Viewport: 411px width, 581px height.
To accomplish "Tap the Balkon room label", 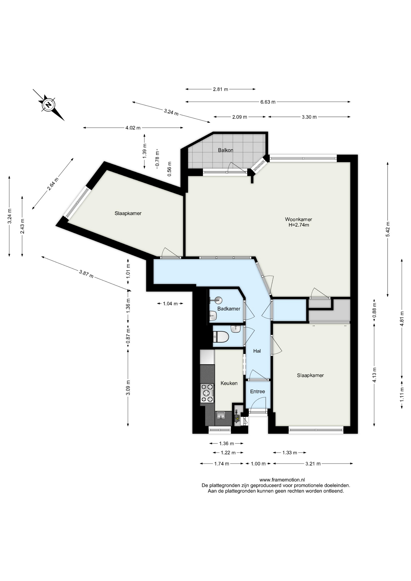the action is [x=225, y=150].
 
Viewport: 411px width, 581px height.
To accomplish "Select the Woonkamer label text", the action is [x=298, y=219].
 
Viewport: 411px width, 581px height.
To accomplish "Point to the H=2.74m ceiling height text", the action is [x=299, y=225].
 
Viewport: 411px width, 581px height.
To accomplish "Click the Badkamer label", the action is [x=229, y=309].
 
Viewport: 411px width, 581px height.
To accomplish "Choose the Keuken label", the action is [x=229, y=383].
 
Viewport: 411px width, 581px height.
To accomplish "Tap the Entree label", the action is [x=258, y=391].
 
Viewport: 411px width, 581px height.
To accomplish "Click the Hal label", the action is [x=257, y=351].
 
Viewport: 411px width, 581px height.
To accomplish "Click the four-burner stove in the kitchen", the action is [x=207, y=393].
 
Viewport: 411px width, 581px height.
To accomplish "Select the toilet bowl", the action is [x=220, y=337].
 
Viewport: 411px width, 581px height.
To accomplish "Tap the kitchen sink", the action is [x=222, y=415].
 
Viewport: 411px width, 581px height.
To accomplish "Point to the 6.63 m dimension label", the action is [x=268, y=102].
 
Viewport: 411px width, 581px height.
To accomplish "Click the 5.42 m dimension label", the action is [x=388, y=230].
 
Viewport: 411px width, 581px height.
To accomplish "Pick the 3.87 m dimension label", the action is [x=86, y=274].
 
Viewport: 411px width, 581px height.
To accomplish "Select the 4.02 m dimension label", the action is [x=133, y=128].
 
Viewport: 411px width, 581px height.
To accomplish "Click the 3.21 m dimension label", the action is [x=313, y=464].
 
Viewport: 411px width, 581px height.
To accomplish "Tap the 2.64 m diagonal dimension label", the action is [x=53, y=184].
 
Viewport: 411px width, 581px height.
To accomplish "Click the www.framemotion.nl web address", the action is [x=282, y=480].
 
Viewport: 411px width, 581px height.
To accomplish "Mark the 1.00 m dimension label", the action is [x=258, y=464].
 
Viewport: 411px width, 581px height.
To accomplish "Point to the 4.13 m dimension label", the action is [x=374, y=375].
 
